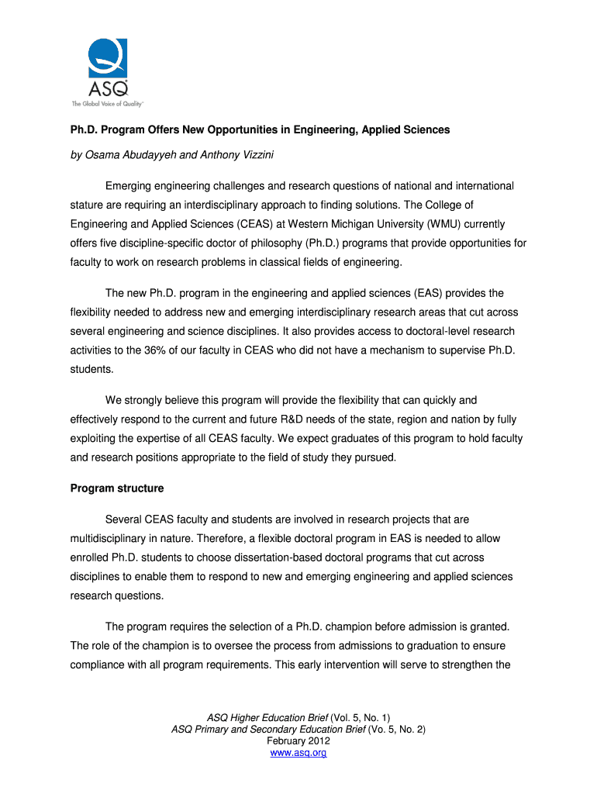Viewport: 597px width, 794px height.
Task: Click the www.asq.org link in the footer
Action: click(298, 753)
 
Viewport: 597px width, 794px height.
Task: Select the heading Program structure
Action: click(117, 488)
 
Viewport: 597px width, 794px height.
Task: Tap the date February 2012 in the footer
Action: click(298, 741)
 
